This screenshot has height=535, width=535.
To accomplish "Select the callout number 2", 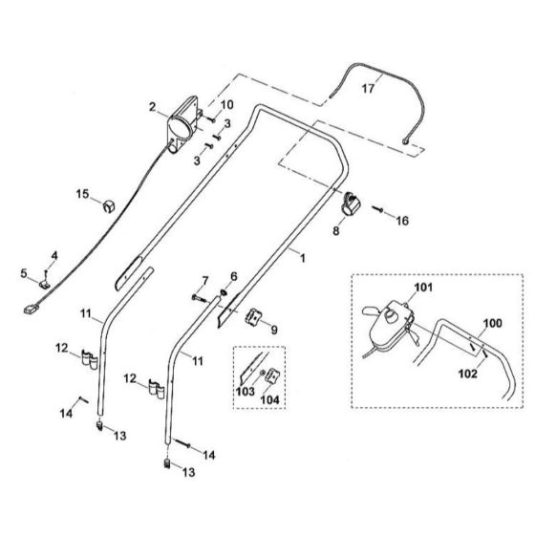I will click(x=152, y=105).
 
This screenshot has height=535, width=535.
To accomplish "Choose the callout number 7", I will click(x=203, y=279).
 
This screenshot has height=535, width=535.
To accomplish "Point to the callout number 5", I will click(x=22, y=274).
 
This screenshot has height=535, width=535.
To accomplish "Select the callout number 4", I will click(x=53, y=255).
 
